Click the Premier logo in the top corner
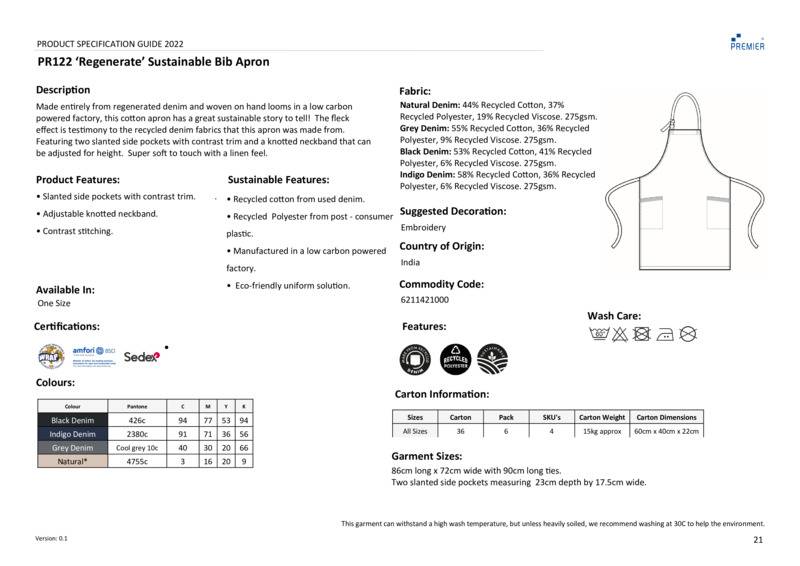(x=747, y=41)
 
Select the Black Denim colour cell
(x=73, y=421)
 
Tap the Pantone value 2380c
(x=137, y=434)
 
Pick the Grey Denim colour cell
(x=73, y=448)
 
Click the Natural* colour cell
(x=73, y=462)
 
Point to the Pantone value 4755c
(x=137, y=462)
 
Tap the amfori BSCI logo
(x=95, y=354)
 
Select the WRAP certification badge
(x=52, y=355)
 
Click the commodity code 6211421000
(x=424, y=300)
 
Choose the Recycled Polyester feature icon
(x=456, y=358)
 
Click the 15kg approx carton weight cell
(x=601, y=431)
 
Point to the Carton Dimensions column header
(x=667, y=417)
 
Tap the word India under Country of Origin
(x=410, y=263)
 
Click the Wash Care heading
(x=614, y=316)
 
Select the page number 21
(x=757, y=540)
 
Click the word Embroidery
(x=423, y=227)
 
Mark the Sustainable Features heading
(x=278, y=180)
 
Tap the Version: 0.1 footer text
(x=52, y=539)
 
